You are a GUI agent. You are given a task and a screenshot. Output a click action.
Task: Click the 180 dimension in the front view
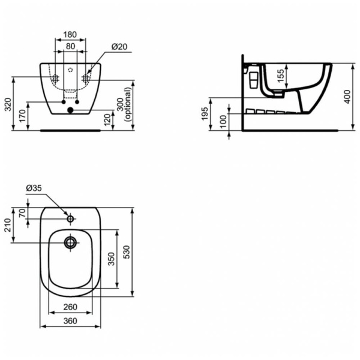coord(71,34)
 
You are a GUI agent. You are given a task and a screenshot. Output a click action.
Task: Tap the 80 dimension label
coord(71,46)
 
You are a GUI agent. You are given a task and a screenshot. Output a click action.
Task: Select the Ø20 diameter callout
coord(119,47)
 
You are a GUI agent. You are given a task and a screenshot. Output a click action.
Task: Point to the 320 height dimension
coord(8,105)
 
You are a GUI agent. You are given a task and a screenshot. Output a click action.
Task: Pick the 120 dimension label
coord(108,120)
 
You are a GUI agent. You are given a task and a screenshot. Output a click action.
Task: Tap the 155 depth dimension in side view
coord(280,77)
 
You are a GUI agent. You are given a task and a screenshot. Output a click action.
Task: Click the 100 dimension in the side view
coord(223,120)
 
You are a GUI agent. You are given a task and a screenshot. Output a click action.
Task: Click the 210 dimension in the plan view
coord(8,225)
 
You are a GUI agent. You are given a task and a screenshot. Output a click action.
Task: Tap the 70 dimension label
coord(22,213)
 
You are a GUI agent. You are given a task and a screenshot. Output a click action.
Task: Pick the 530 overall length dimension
coord(127,252)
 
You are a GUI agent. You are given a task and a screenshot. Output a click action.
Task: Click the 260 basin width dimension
coord(70,307)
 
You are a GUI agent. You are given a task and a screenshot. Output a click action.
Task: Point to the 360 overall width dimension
coord(70,322)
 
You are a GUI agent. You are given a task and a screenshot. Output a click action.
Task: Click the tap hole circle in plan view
coord(70,219)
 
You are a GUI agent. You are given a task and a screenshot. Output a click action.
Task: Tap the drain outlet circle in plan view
coord(70,242)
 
